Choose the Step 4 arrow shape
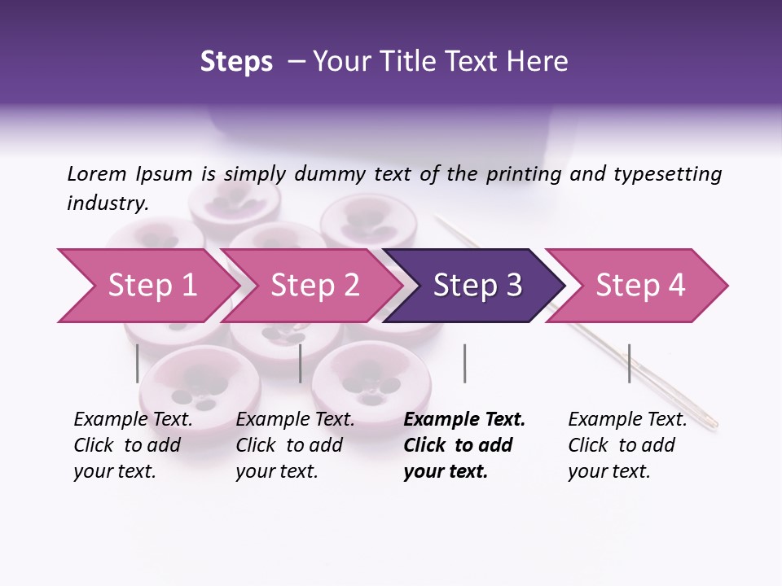point(639,286)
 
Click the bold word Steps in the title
point(236,62)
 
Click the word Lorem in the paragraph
point(97,173)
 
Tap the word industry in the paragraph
point(107,203)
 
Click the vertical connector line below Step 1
point(138,363)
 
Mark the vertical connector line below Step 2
point(301,363)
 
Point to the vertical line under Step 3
point(464,363)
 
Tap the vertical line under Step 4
point(629,363)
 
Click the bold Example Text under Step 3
point(464,420)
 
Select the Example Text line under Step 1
point(133,420)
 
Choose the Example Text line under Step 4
point(627,420)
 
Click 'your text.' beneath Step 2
point(276,472)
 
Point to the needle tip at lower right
point(714,422)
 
